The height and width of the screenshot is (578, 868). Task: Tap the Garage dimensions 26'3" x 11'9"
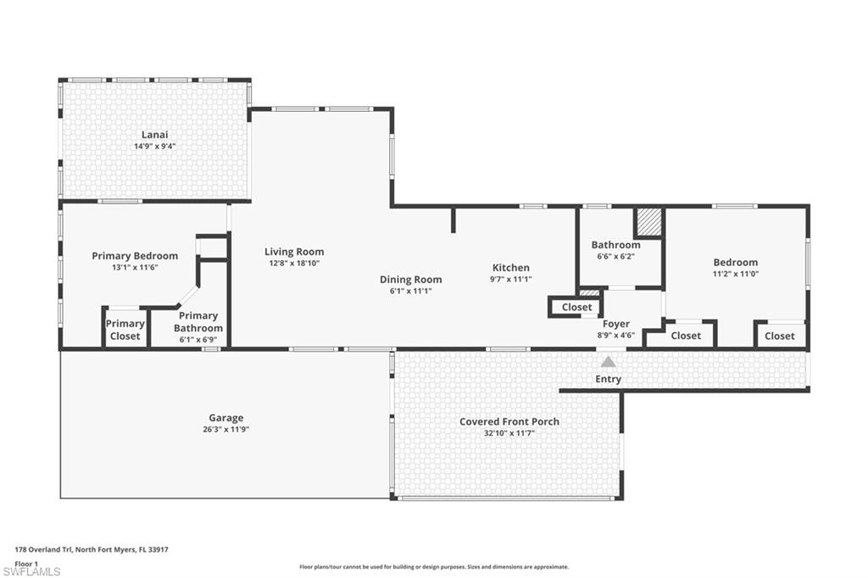point(225,429)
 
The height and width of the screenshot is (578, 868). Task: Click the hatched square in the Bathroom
point(648,223)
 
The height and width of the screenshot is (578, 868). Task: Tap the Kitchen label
point(510,268)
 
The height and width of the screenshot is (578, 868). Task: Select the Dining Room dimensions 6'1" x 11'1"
point(410,291)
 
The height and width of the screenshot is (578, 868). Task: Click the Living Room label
point(294,252)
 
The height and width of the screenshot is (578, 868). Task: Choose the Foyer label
point(615,324)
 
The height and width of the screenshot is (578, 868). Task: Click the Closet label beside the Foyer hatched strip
point(576,307)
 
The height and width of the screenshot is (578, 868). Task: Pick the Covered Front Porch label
point(509,421)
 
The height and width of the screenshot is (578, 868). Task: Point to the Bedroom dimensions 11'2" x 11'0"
point(735,274)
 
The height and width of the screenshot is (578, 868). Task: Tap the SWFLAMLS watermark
point(32,571)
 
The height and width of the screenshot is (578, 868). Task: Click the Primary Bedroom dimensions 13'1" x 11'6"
point(134,267)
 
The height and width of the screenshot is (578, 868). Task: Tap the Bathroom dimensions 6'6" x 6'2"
point(615,256)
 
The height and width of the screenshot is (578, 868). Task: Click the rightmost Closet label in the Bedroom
point(779,336)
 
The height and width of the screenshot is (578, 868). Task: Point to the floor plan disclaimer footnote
point(433,567)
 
